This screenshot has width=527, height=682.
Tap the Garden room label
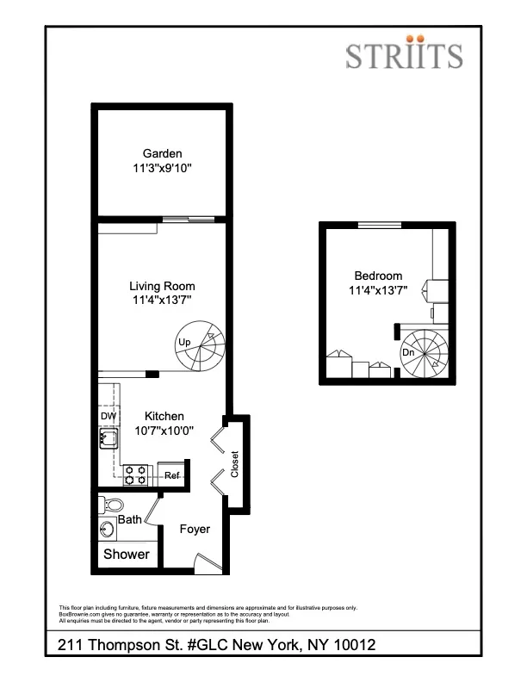click(162, 154)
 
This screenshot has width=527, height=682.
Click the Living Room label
click(162, 286)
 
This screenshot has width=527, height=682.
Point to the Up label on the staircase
click(183, 343)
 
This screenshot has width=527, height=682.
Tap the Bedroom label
click(374, 276)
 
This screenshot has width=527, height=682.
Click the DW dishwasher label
click(108, 416)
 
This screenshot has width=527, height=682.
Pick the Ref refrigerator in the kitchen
click(172, 475)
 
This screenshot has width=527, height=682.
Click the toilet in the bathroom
click(110, 504)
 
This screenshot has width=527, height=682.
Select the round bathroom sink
click(108, 529)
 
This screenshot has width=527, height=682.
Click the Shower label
click(126, 555)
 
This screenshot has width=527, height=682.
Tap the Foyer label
click(195, 529)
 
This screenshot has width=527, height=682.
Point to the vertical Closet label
click(234, 464)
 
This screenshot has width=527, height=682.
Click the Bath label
click(130, 519)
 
